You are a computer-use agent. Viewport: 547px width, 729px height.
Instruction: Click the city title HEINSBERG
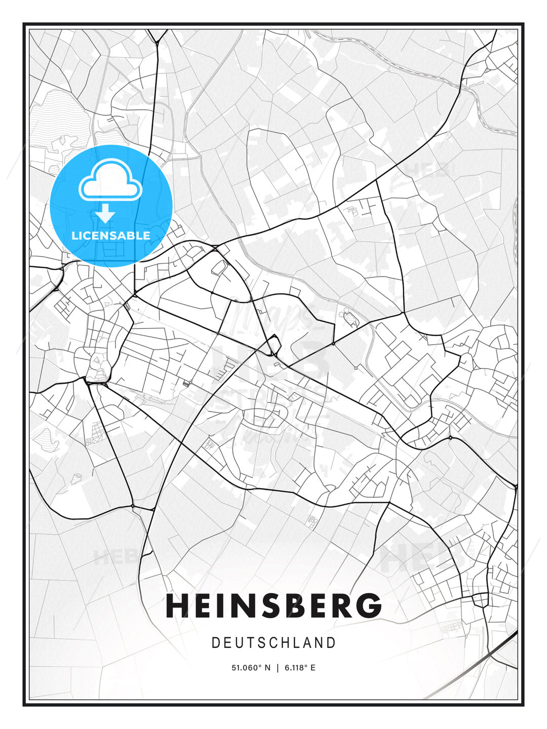click(273, 605)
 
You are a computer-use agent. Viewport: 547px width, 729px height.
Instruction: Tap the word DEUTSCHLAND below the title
click(273, 643)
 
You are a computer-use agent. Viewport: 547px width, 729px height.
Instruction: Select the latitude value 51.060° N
click(251, 668)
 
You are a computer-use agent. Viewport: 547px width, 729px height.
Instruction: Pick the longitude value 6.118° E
click(300, 668)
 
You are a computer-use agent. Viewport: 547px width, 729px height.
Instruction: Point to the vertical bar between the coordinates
click(277, 668)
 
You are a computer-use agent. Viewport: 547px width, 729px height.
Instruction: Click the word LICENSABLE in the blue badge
click(111, 235)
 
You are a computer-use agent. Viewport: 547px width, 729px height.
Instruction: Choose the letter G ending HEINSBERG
click(370, 605)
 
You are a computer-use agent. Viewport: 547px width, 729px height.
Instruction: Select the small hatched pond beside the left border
click(47, 438)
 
